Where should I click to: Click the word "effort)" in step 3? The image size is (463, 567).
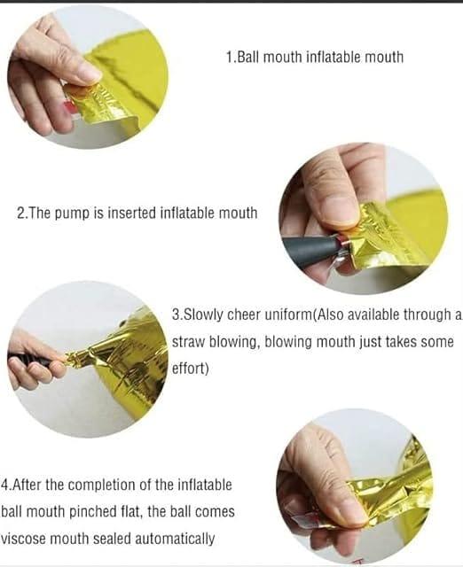pos(191,369)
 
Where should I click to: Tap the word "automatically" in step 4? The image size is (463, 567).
pos(175,539)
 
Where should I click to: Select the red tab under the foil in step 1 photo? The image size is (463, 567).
pos(69,106)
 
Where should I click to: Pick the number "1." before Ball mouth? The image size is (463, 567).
pos(231,57)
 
